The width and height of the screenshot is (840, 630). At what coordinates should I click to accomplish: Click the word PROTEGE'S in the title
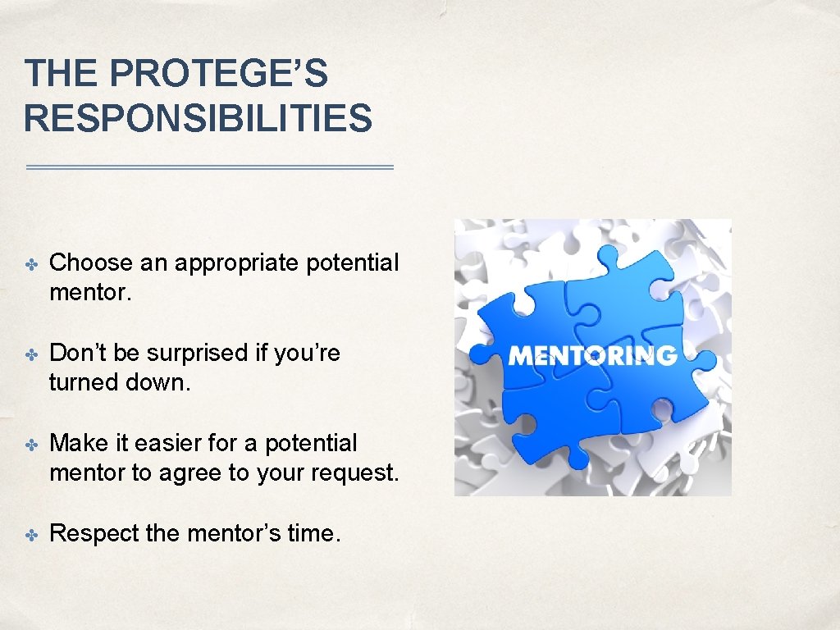[x=218, y=74]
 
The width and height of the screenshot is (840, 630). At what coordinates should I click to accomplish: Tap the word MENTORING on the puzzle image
[x=592, y=355]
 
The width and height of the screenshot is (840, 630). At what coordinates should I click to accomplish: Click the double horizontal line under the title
[x=210, y=167]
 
